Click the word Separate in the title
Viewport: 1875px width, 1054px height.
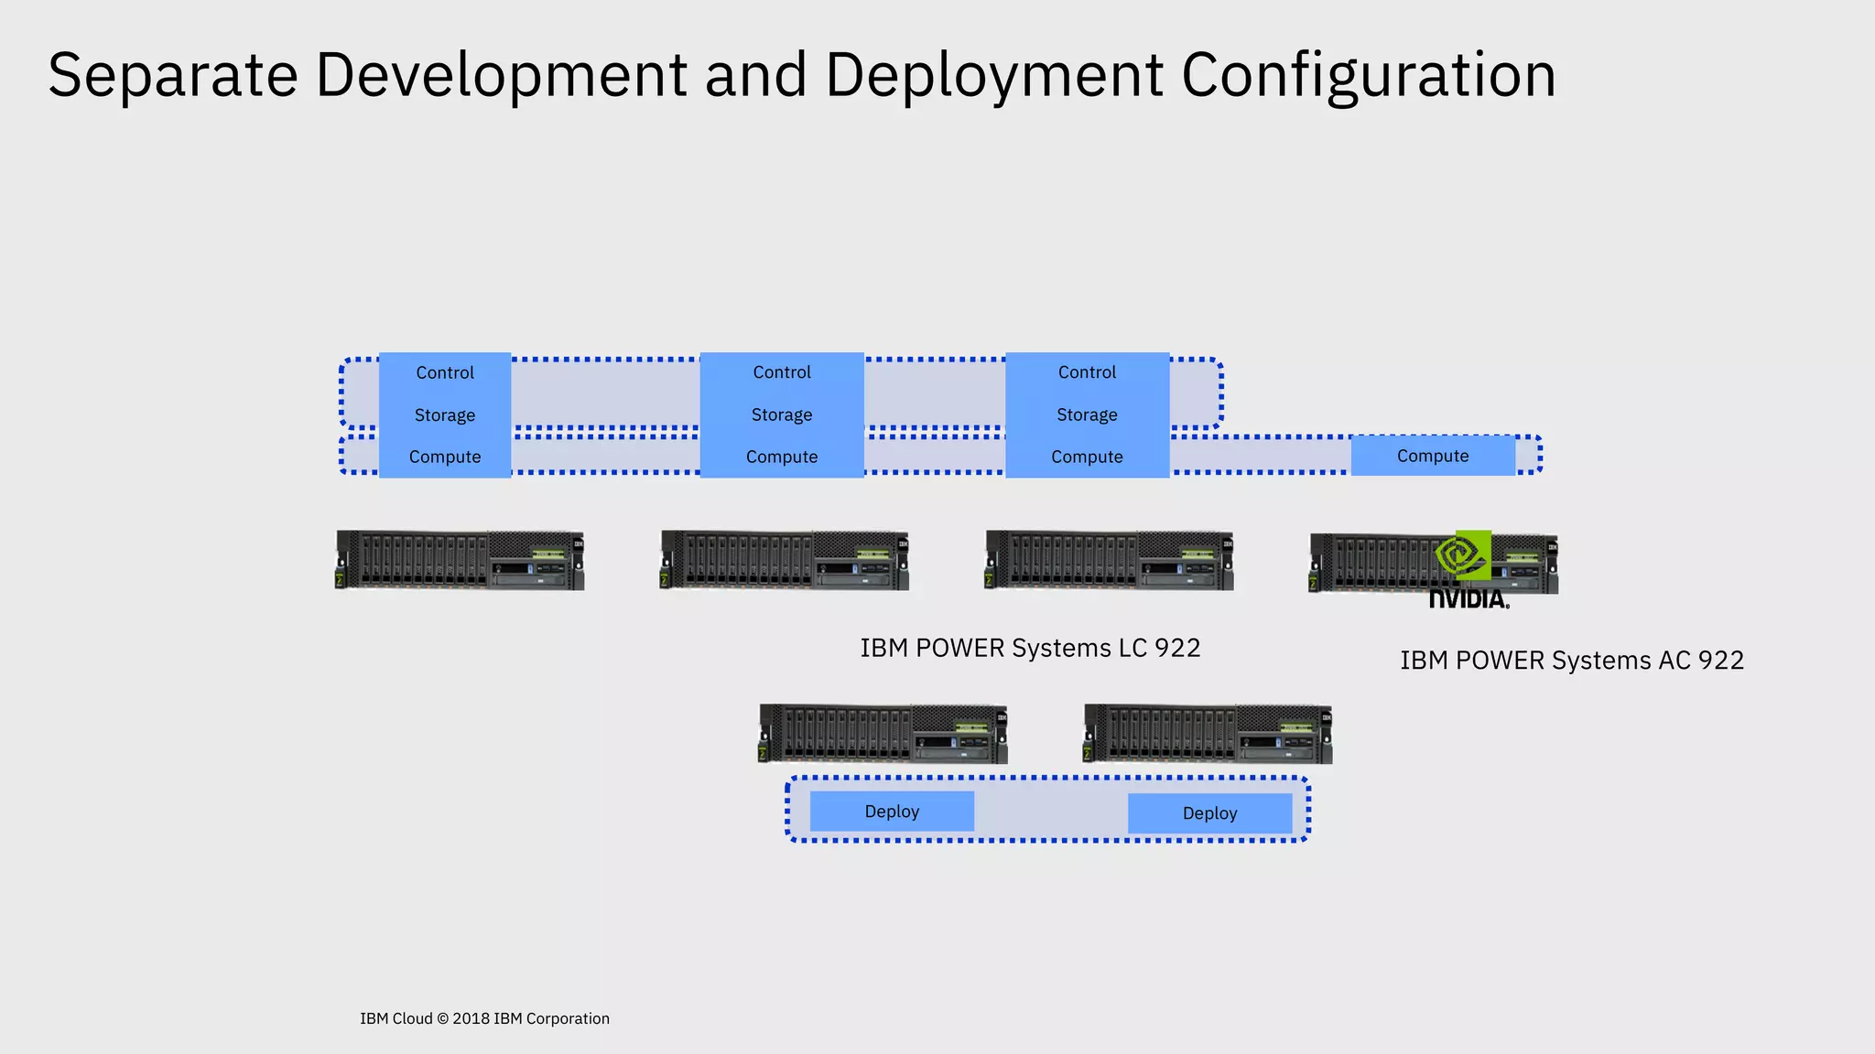point(172,75)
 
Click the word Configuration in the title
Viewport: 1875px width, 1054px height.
point(1368,75)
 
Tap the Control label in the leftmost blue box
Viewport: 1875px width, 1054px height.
point(445,372)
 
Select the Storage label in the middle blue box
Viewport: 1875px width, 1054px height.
point(782,414)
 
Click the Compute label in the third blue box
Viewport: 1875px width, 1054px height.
point(1087,457)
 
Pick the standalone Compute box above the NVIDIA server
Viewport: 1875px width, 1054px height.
point(1433,456)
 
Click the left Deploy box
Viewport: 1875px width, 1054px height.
point(892,812)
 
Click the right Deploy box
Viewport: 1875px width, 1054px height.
point(1209,813)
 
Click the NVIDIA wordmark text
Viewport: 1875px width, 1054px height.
point(1469,599)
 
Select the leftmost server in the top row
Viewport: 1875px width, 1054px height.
point(460,560)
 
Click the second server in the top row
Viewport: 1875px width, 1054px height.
point(785,560)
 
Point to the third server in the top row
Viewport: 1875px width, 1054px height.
point(1109,560)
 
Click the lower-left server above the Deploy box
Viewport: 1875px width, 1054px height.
point(883,734)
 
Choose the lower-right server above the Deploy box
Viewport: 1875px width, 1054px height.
point(1208,734)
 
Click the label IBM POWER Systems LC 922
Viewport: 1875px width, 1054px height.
point(1030,648)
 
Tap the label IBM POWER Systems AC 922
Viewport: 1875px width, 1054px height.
point(1571,661)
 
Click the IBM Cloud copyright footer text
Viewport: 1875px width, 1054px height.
point(484,1018)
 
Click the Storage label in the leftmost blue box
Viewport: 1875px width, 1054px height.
point(445,415)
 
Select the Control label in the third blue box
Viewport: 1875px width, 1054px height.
point(1087,372)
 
